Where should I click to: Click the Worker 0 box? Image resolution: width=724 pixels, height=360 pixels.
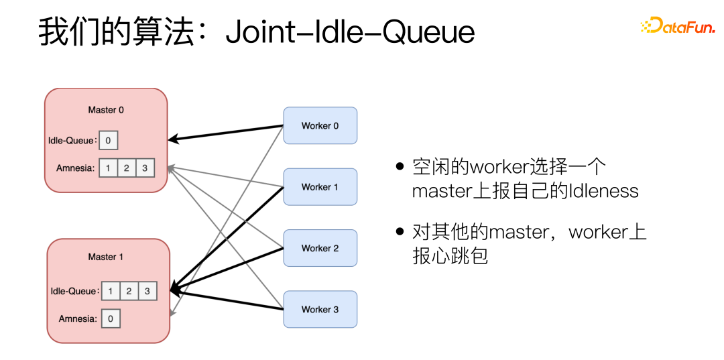(x=320, y=125)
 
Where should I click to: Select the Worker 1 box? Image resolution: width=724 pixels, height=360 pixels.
(x=320, y=187)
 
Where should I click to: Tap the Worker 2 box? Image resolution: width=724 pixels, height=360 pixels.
(x=320, y=248)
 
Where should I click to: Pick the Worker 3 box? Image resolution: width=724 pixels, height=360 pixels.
(x=320, y=309)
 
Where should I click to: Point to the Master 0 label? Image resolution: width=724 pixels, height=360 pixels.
(x=106, y=110)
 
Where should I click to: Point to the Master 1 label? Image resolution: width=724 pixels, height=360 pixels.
(x=106, y=257)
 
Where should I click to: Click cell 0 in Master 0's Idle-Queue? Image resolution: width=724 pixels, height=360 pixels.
(x=108, y=141)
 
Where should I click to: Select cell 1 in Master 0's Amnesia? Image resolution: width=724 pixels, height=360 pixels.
(x=108, y=168)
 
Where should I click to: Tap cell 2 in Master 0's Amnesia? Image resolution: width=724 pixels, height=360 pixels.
(x=127, y=168)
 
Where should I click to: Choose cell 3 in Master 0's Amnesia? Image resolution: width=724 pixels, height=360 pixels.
(x=145, y=168)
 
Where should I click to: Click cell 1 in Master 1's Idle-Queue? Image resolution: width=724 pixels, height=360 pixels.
(x=110, y=291)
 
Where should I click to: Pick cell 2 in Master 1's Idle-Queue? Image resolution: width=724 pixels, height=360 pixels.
(x=129, y=291)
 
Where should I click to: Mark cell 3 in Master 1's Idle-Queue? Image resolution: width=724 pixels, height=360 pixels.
(x=147, y=291)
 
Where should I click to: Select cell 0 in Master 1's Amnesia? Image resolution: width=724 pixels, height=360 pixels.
(x=111, y=318)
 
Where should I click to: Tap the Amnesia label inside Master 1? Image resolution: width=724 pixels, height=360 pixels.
(x=77, y=318)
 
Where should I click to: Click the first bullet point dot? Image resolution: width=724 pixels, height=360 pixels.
(x=400, y=166)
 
